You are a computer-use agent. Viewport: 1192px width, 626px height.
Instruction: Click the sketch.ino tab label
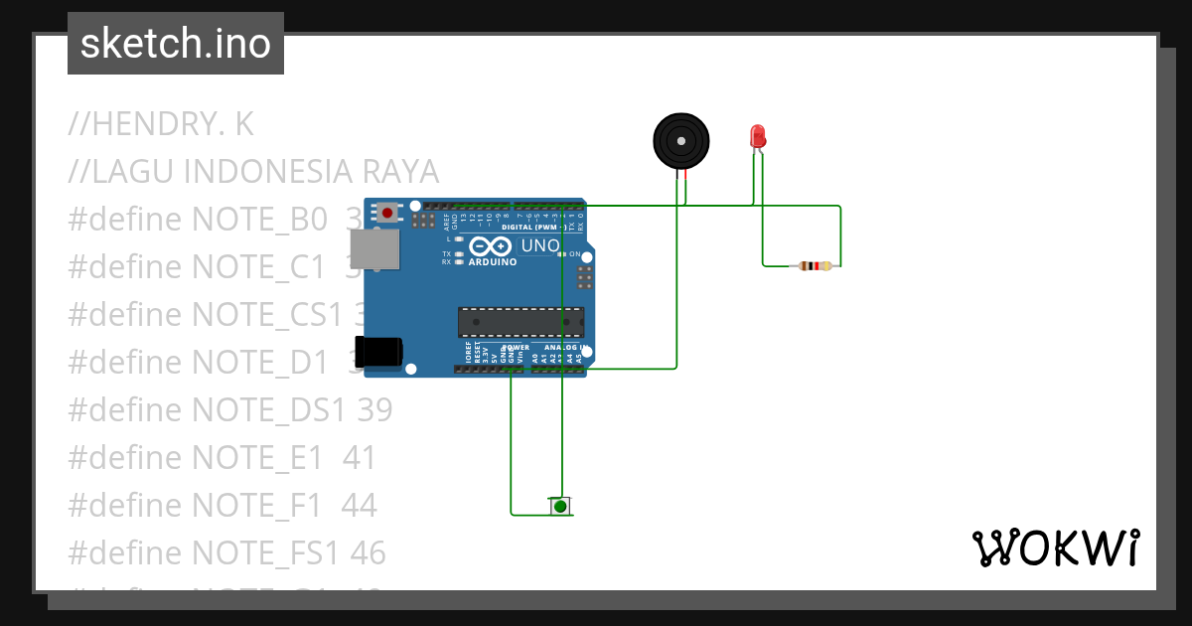176,44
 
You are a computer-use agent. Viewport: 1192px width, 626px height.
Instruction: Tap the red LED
757,137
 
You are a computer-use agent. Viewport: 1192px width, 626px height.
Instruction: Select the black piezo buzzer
681,141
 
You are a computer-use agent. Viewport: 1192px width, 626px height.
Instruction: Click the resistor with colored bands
816,265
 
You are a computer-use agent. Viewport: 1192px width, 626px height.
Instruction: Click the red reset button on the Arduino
386,213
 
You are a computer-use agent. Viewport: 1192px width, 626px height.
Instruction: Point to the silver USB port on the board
375,249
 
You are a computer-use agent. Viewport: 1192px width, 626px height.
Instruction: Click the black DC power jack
378,352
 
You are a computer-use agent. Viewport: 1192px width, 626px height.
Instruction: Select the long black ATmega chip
521,323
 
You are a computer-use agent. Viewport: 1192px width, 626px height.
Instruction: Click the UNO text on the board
540,245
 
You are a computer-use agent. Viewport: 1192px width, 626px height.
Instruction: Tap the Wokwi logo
1055,548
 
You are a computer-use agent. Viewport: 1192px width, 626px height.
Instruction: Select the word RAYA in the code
400,172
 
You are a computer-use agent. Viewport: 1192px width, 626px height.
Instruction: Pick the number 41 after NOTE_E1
360,457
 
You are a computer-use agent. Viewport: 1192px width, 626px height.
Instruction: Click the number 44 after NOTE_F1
359,505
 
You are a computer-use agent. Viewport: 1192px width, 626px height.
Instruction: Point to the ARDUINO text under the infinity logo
493,262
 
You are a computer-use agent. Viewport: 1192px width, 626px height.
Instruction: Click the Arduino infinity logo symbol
492,245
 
